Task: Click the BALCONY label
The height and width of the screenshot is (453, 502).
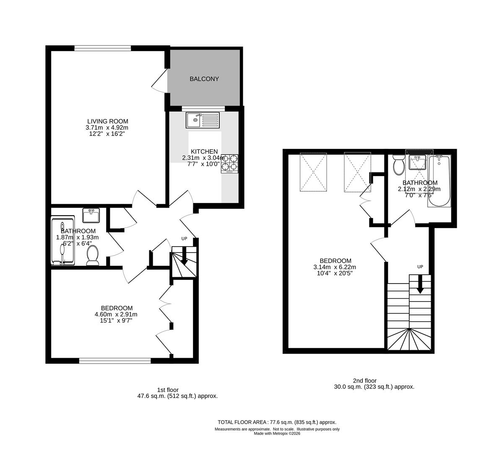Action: pyautogui.click(x=204, y=79)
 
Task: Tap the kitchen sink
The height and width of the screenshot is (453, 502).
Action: pyautogui.click(x=203, y=120)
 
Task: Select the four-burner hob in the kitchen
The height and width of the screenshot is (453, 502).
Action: pyautogui.click(x=229, y=163)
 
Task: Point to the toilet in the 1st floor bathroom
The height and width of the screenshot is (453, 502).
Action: pyautogui.click(x=92, y=255)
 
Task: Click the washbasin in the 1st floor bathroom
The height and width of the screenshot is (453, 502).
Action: pyautogui.click(x=91, y=216)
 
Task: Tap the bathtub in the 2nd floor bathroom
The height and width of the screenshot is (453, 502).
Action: pyautogui.click(x=439, y=181)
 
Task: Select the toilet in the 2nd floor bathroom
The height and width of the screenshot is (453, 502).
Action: pyautogui.click(x=398, y=165)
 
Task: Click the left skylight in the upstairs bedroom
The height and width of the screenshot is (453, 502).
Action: pyautogui.click(x=313, y=172)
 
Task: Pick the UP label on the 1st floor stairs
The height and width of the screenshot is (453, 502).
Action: pyautogui.click(x=184, y=239)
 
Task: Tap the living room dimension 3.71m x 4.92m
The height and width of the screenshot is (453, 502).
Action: pyautogui.click(x=107, y=128)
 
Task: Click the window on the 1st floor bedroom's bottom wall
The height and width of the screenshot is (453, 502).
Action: pyautogui.click(x=115, y=360)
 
